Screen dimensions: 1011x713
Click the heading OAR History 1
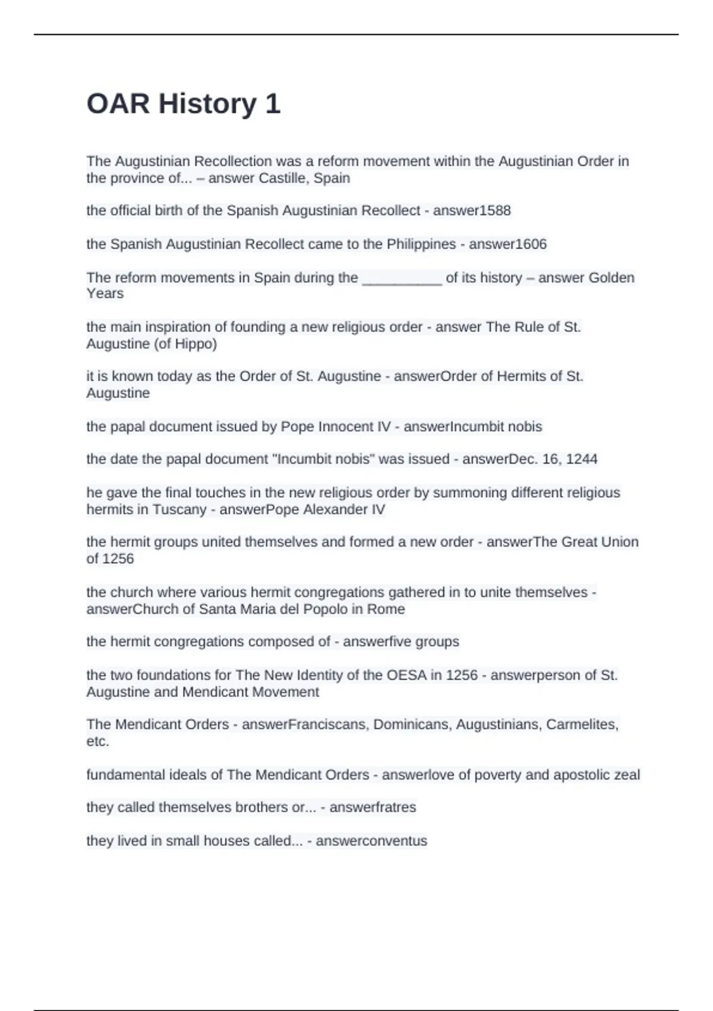click(x=183, y=104)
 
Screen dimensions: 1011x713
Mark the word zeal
click(x=626, y=775)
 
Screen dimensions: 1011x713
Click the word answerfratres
click(x=373, y=808)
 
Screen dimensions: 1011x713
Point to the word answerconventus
click(x=371, y=841)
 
